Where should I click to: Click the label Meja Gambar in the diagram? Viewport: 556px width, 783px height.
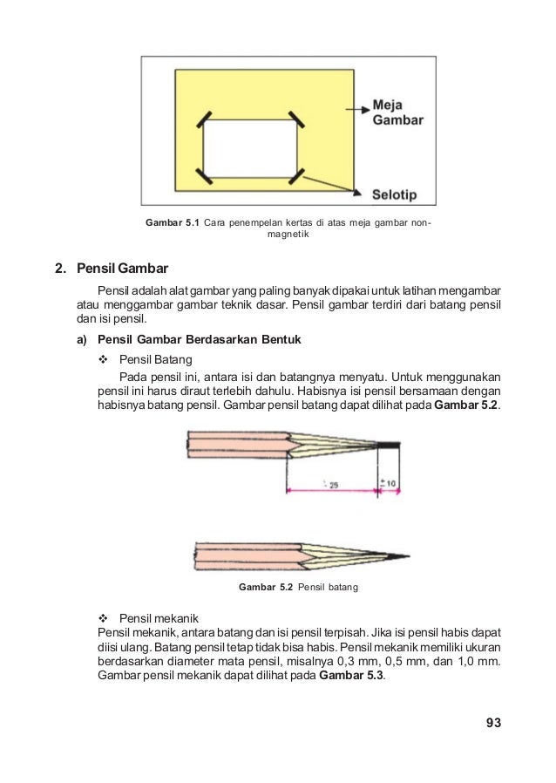pos(397,112)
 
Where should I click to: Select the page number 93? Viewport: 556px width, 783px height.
pos(494,722)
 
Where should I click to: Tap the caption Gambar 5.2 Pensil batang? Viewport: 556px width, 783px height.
pos(298,588)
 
